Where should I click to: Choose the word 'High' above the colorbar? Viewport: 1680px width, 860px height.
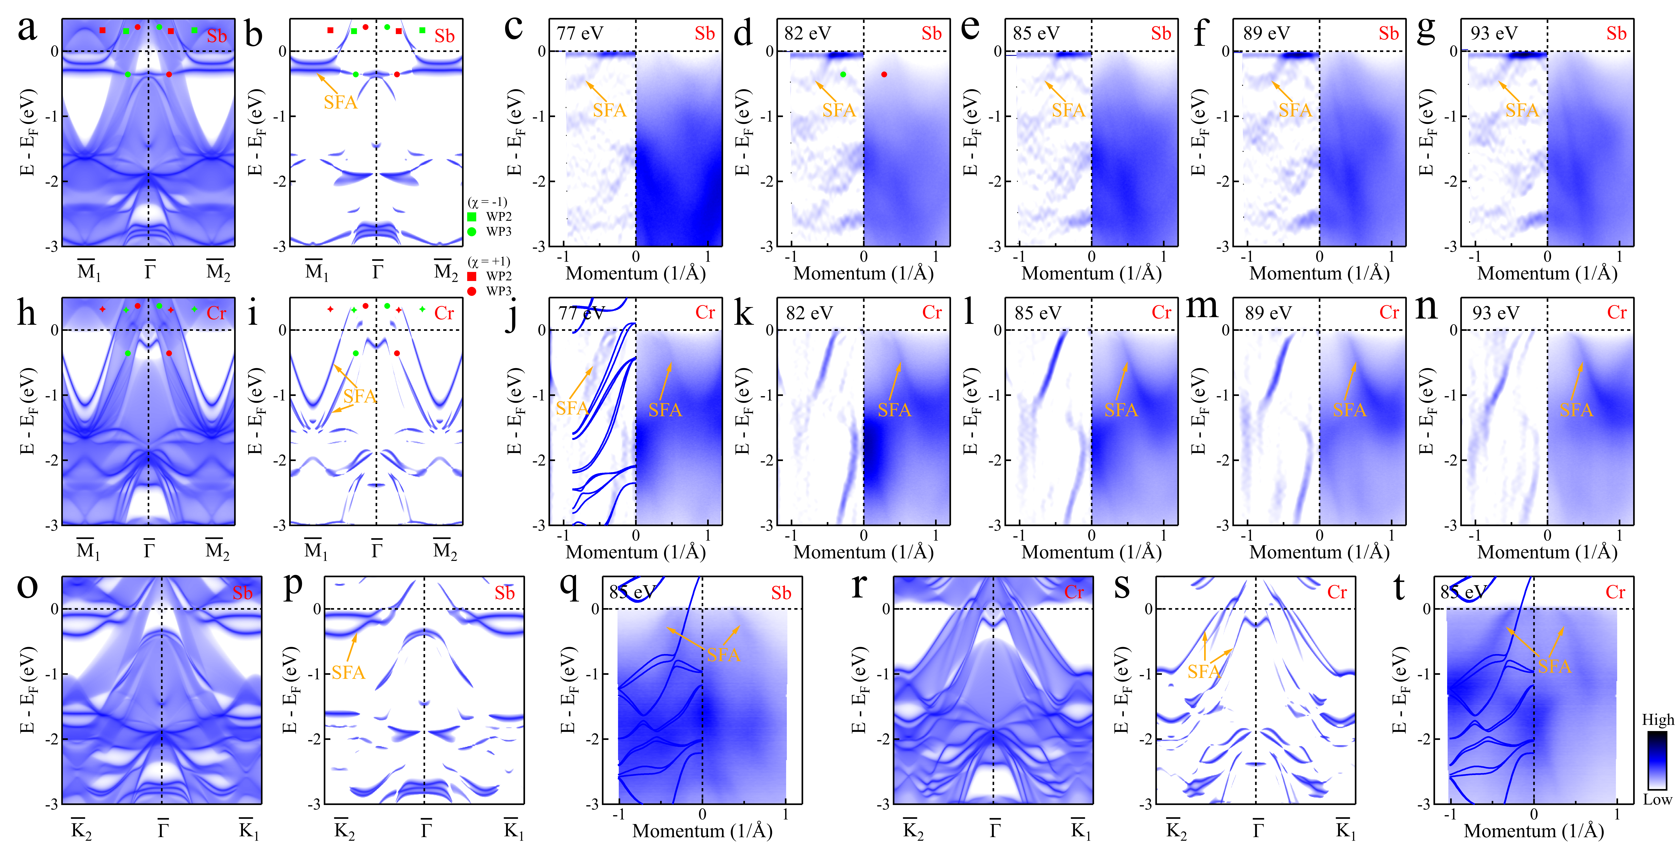click(1657, 720)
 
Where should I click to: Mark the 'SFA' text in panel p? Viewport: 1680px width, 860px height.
click(348, 672)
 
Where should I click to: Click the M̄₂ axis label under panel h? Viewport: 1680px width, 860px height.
click(218, 551)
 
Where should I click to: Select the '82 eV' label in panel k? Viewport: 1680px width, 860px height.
click(809, 313)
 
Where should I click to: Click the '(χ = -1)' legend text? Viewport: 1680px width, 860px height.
click(487, 202)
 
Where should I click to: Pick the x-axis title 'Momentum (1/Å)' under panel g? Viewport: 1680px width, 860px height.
click(1547, 273)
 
